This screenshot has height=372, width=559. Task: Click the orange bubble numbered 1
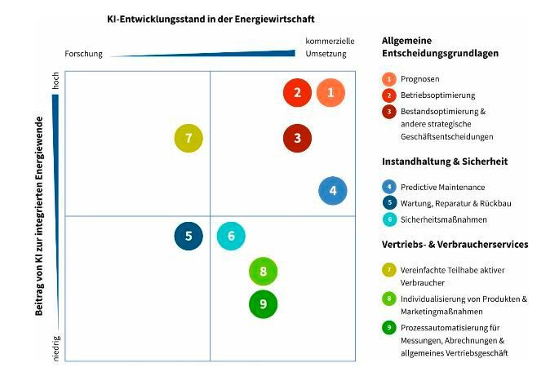coord(331,93)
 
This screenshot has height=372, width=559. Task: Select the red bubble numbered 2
coord(298,93)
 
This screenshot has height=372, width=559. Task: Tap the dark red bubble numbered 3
coord(298,138)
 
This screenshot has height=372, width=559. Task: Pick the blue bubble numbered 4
coord(333,191)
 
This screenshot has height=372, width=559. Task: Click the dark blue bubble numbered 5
coord(189,237)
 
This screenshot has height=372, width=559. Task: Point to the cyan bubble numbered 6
coord(231,237)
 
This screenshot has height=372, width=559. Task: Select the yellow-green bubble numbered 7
coord(189,138)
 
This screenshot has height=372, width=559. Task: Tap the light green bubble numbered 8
coord(263,271)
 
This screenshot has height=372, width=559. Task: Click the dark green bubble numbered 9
coord(263,304)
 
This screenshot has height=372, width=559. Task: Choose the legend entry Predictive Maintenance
coord(442,187)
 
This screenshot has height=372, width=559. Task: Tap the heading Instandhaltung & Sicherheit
coord(444,162)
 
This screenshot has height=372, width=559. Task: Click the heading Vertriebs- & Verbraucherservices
coord(455,244)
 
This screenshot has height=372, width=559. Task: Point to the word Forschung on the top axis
coord(84,54)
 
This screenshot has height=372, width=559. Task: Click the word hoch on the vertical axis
coord(56,82)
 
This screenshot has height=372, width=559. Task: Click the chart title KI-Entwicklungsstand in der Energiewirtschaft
coord(211,18)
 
